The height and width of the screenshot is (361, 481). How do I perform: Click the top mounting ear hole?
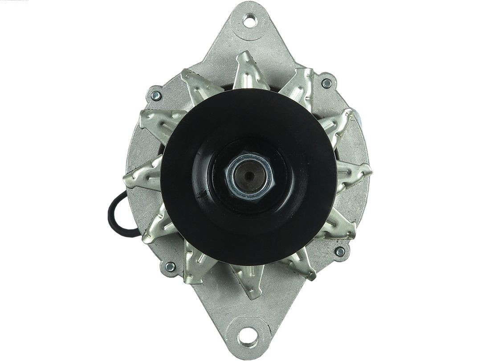(x=250, y=20)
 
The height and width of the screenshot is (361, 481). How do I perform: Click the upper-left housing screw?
(x=156, y=95)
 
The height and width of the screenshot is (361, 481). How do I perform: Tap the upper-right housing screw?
(x=327, y=83)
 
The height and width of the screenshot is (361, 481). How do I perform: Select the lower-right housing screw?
(x=340, y=252)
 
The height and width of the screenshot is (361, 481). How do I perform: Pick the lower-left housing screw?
(x=170, y=267)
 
